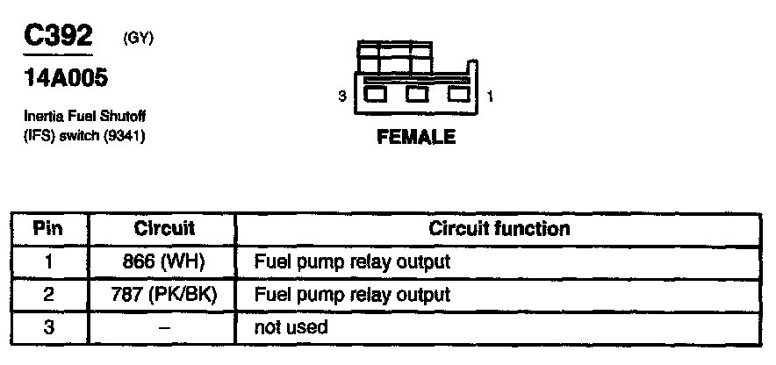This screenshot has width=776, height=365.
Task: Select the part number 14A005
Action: click(x=67, y=79)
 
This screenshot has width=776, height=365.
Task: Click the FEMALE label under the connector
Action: click(x=415, y=137)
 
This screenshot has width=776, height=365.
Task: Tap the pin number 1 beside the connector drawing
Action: click(x=489, y=97)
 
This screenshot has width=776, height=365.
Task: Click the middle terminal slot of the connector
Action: click(x=416, y=94)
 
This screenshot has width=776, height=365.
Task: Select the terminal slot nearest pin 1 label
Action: click(x=457, y=94)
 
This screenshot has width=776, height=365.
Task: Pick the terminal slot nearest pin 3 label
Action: click(x=375, y=94)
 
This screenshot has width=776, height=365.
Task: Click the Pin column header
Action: click(x=48, y=229)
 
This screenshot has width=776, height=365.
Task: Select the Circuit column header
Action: click(x=164, y=229)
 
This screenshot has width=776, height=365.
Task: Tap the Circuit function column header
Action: click(x=499, y=229)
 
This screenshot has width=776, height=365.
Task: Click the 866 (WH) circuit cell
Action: click(x=164, y=261)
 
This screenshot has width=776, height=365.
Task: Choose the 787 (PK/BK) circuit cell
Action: click(x=164, y=295)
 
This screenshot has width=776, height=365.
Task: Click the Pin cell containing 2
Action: click(x=48, y=295)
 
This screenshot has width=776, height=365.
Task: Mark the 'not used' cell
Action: click(x=291, y=327)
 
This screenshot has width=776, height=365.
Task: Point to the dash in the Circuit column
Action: click(x=164, y=328)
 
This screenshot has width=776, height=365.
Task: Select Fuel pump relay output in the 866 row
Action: click(x=351, y=261)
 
